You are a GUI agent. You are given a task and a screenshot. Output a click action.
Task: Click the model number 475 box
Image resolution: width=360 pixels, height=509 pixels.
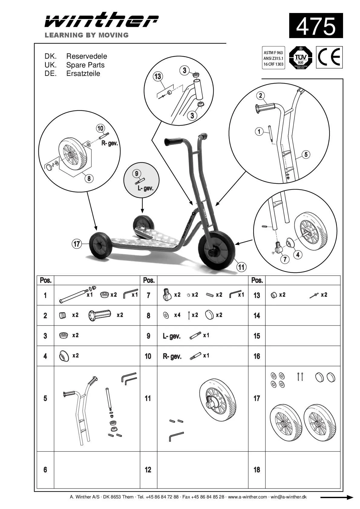pyautogui.click(x=316, y=26)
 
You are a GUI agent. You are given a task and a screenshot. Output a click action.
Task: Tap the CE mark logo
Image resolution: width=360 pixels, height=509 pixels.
pyautogui.click(x=329, y=57)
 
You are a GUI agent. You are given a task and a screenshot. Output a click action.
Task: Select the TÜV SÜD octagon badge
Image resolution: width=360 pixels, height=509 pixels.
pyautogui.click(x=300, y=57)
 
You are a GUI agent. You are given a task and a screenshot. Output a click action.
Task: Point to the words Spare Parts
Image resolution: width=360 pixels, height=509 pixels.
pyautogui.click(x=85, y=65)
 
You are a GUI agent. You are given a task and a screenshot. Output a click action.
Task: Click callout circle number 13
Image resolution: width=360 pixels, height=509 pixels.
pyautogui.click(x=158, y=76)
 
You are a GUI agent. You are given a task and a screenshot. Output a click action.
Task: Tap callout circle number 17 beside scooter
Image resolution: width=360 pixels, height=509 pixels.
pyautogui.click(x=77, y=244)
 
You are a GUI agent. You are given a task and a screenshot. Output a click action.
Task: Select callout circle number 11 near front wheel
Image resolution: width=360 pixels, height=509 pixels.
pyautogui.click(x=241, y=267)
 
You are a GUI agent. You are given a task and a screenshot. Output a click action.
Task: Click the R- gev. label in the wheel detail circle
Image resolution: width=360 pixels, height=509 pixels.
pyautogui.click(x=109, y=143)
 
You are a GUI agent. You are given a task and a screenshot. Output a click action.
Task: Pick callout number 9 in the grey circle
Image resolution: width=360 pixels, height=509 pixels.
pyautogui.click(x=137, y=173)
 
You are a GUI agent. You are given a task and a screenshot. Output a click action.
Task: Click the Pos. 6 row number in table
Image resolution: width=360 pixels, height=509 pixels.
pyautogui.click(x=45, y=469)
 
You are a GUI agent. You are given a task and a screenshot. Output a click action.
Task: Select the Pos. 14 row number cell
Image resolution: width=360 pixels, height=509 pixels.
pyautogui.click(x=257, y=316)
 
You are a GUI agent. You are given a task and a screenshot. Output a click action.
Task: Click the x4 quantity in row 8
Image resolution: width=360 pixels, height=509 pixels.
pyautogui.click(x=177, y=315)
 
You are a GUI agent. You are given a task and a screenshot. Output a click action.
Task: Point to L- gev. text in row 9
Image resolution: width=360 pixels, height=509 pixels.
pyautogui.click(x=172, y=336)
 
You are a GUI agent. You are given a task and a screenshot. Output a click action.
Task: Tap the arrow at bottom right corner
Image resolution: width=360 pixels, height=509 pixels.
pyautogui.click(x=336, y=497)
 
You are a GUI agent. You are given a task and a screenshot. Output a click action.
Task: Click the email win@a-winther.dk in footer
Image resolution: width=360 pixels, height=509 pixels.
pyautogui.click(x=289, y=497)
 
